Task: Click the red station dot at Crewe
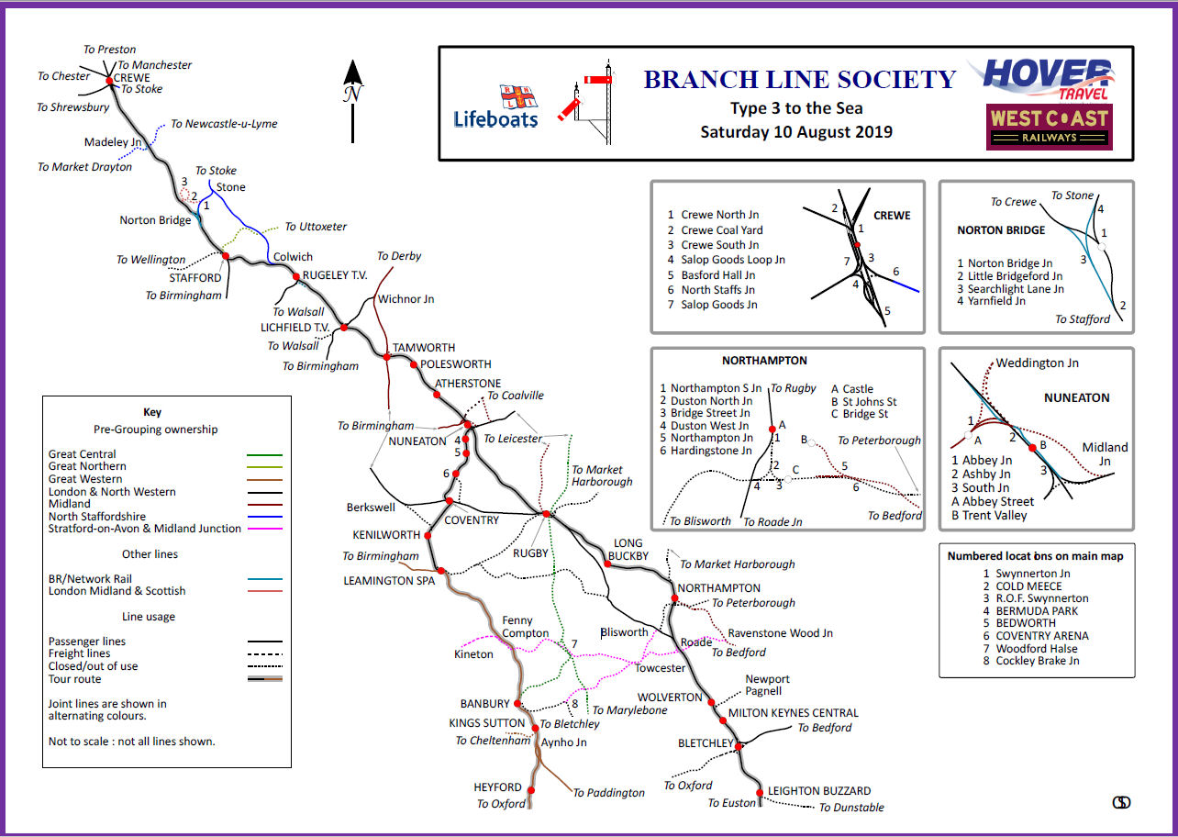[x=110, y=81]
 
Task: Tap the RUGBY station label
[x=530, y=552]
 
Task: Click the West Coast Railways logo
[x=1049, y=127]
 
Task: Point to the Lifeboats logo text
[x=495, y=118]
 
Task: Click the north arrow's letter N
[x=352, y=93]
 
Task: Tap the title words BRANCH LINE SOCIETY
[x=800, y=80]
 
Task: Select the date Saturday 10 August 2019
[x=796, y=131]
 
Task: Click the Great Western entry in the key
[x=84, y=479]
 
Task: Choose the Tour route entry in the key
[x=74, y=679]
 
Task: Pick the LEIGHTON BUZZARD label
[x=819, y=791]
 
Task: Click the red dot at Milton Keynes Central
[x=715, y=702]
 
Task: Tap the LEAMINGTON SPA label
[x=389, y=581]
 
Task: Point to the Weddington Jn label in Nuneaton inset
[x=1037, y=363]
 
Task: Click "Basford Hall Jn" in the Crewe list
[x=718, y=274]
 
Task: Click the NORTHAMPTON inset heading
[x=764, y=361]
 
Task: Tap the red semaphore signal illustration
[x=587, y=99]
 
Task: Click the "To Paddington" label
[x=609, y=793]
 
